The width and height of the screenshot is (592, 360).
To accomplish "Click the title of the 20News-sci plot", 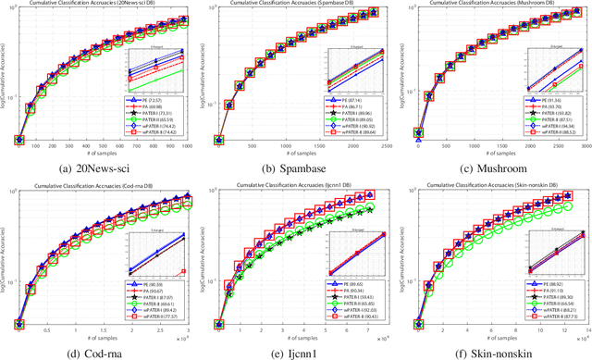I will (102, 5).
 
